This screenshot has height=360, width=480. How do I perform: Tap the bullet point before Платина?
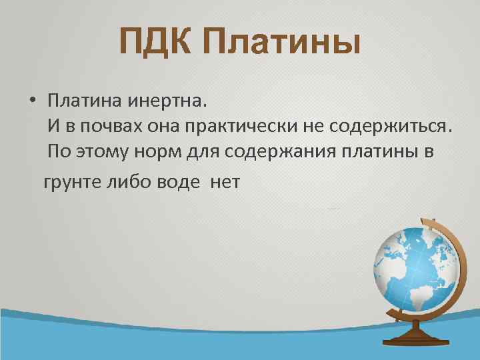(32, 101)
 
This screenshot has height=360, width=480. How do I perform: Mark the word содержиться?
(404, 126)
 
